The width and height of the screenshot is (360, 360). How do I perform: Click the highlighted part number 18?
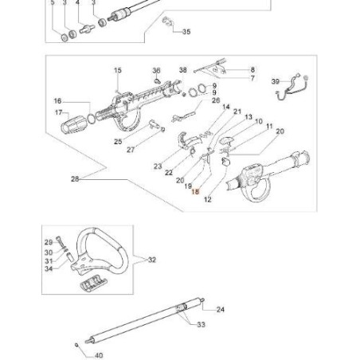pyautogui.click(x=195, y=191)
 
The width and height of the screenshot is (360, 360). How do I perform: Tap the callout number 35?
pyautogui.click(x=186, y=32)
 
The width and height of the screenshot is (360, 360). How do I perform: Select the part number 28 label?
pyautogui.click(x=75, y=179)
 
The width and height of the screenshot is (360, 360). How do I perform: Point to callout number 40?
pyautogui.click(x=99, y=355)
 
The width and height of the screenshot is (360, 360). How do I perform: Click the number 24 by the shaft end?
pyautogui.click(x=221, y=309)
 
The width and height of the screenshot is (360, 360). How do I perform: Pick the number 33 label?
pyautogui.click(x=201, y=324)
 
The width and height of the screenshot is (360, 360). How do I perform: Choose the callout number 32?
pyautogui.click(x=152, y=260)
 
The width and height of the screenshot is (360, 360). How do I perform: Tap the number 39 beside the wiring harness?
pyautogui.click(x=276, y=81)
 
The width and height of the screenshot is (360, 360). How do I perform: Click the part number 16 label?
pyautogui.click(x=57, y=101)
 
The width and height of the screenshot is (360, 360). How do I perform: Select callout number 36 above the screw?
pyautogui.click(x=156, y=71)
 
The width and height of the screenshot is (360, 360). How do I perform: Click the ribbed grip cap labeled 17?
pyautogui.click(x=73, y=125)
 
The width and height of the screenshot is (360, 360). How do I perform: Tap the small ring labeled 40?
pyautogui.click(x=76, y=345)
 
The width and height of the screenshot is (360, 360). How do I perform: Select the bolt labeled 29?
pyautogui.click(x=59, y=241)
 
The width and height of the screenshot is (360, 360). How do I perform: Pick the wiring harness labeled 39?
pyautogui.click(x=293, y=87)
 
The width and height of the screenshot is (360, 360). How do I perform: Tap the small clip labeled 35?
pyautogui.click(x=166, y=21)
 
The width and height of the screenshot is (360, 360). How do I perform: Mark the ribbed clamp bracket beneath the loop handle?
pyautogui.click(x=93, y=284)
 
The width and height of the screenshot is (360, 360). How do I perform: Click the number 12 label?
pyautogui.click(x=208, y=199)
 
